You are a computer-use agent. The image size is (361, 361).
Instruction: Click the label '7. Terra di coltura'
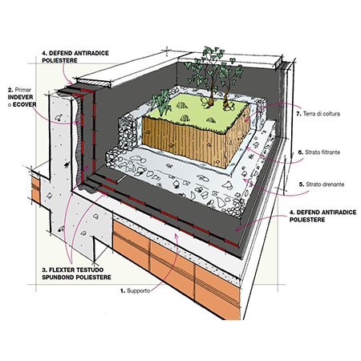coord(318,114)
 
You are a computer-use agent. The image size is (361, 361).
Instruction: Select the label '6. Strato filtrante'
coord(319,152)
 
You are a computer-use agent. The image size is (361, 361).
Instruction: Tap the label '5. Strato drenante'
coord(322,185)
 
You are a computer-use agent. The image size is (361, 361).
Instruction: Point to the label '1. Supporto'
coord(135,290)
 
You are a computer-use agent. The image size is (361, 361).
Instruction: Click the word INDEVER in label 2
coord(20,97)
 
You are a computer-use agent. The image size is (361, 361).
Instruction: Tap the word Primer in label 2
coord(23,90)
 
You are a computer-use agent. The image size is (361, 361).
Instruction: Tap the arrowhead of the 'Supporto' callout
coord(176,235)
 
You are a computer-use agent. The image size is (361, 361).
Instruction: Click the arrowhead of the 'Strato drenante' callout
coord(245,181)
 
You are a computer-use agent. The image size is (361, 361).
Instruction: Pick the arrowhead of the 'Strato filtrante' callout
coord(248,148)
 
